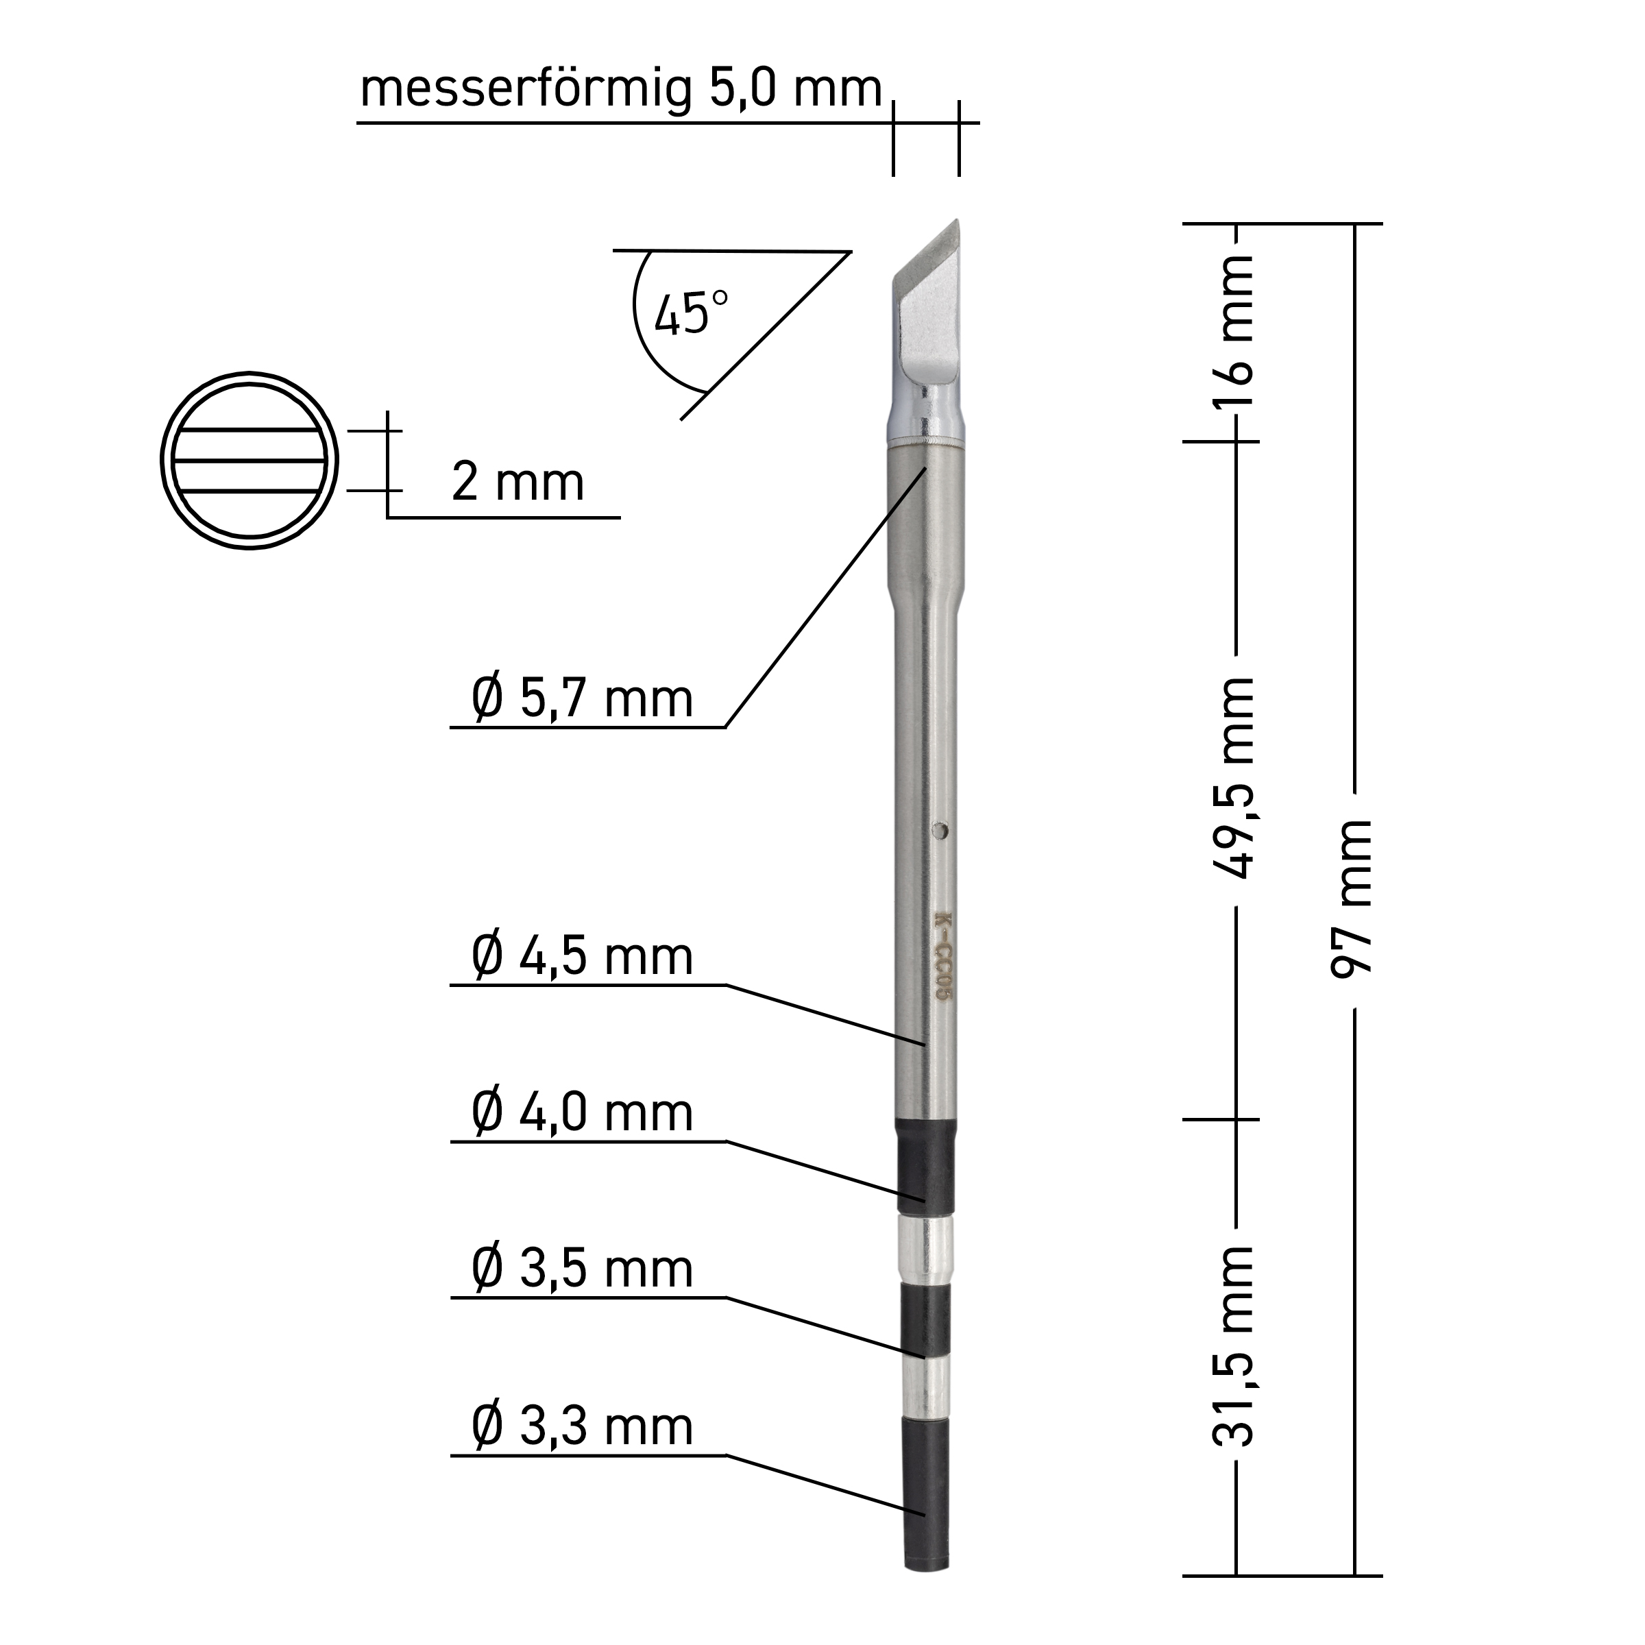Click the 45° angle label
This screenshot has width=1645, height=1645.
tap(692, 313)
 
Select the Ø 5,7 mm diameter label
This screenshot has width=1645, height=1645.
tap(583, 700)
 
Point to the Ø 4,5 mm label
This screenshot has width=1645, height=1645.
tap(583, 957)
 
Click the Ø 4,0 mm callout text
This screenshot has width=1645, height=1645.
tap(583, 1114)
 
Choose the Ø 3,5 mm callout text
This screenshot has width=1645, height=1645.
tap(583, 1269)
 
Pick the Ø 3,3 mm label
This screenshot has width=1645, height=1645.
tap(583, 1427)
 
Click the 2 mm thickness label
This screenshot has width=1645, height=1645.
tap(517, 483)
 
